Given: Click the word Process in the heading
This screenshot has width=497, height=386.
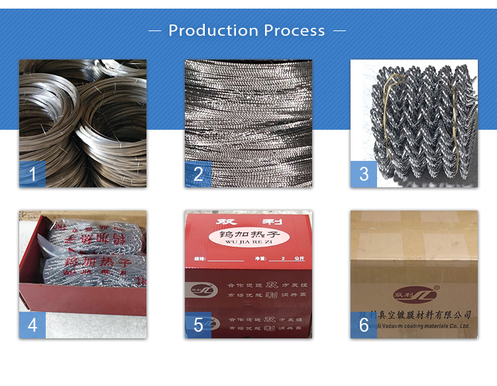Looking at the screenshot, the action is point(294,30).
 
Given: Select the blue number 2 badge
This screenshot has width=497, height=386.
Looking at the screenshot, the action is point(198,174).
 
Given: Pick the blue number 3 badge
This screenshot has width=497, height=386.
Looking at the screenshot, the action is point(364,174).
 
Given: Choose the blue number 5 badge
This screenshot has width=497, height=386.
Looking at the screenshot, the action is point(198,325).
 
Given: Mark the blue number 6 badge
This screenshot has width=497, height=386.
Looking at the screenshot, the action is point(364,325).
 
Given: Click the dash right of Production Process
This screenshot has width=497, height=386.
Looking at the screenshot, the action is point(339,30).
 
